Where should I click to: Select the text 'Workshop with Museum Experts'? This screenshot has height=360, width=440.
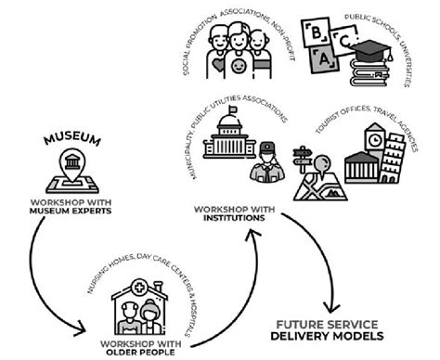click(71, 207)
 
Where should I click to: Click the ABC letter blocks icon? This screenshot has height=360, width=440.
click(324, 41)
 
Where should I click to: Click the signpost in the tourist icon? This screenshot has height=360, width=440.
click(304, 156)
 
